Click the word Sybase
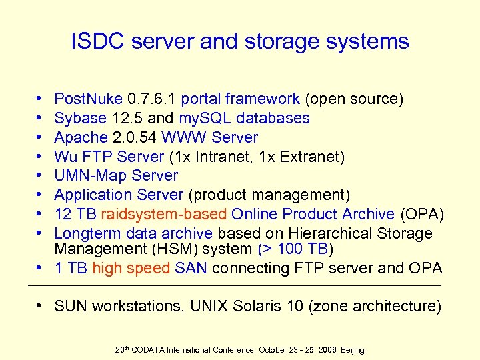(80, 119)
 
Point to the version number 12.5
(127, 119)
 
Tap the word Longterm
(87, 234)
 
